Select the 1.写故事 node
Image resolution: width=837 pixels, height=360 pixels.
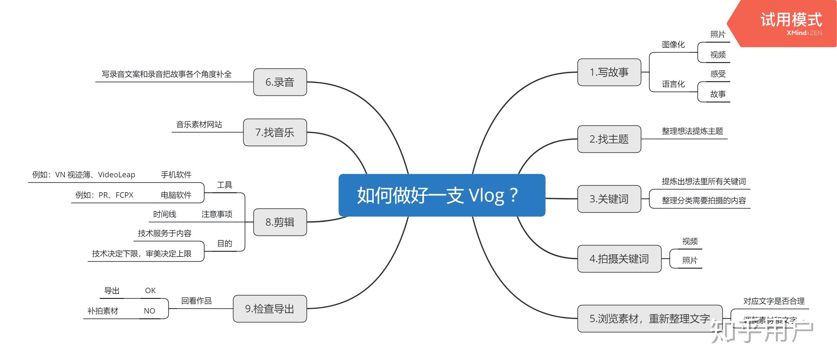click(609, 72)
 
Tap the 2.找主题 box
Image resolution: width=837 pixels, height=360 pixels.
click(609, 139)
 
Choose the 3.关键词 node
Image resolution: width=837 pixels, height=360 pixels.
click(609, 199)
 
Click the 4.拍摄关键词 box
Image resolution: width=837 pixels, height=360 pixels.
click(619, 259)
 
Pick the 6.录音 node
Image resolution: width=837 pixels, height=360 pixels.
click(280, 82)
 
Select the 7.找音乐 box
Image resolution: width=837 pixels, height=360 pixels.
click(275, 132)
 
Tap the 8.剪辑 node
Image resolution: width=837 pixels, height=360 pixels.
click(280, 222)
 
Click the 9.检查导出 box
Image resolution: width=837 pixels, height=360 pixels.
click(270, 309)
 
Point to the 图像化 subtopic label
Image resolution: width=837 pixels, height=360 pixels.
click(673, 45)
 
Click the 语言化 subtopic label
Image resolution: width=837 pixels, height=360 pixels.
click(673, 84)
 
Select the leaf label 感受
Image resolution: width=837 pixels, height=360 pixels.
click(718, 74)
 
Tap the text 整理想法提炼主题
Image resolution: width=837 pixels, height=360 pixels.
click(692, 131)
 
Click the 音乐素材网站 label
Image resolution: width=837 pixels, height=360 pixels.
click(199, 124)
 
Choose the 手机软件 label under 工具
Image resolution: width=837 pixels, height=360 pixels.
click(176, 175)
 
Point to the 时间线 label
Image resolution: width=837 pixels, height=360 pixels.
click(164, 215)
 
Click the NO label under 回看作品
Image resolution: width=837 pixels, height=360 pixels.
click(149, 311)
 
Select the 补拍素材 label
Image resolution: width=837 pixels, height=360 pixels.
click(103, 311)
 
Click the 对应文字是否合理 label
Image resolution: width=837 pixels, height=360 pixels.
click(774, 301)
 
